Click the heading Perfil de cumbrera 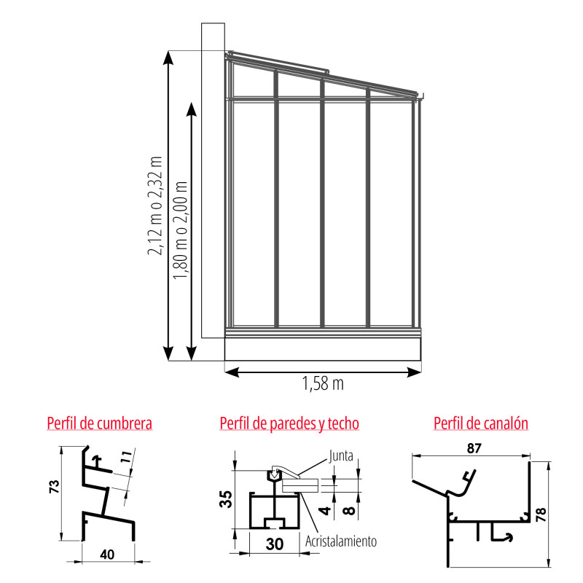pyautogui.click(x=100, y=423)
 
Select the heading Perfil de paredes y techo pyautogui.click(x=289, y=424)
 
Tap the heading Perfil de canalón pyautogui.click(x=481, y=423)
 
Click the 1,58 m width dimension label pyautogui.click(x=323, y=384)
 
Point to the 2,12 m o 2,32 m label pyautogui.click(x=155, y=206)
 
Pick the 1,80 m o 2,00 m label pyautogui.click(x=180, y=230)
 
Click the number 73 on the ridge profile pyautogui.click(x=54, y=487)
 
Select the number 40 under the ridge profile pyautogui.click(x=107, y=555)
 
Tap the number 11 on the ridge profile pyautogui.click(x=126, y=456)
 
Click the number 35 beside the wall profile pyautogui.click(x=226, y=499)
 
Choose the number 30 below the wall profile pyautogui.click(x=275, y=544)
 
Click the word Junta pyautogui.click(x=340, y=456)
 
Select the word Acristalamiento pyautogui.click(x=341, y=541)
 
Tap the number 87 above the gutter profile pyautogui.click(x=474, y=448)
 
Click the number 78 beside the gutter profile pyautogui.click(x=541, y=514)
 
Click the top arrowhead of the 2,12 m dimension pyautogui.click(x=168, y=58)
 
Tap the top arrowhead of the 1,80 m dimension pyautogui.click(x=191, y=109)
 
